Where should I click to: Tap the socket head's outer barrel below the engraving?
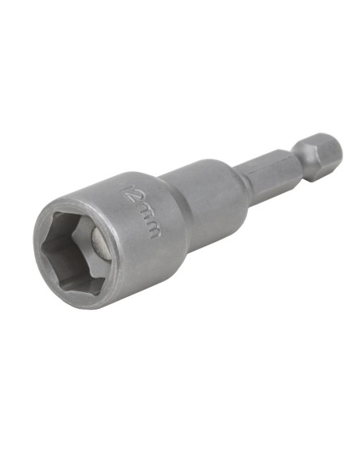[x=143, y=263]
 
